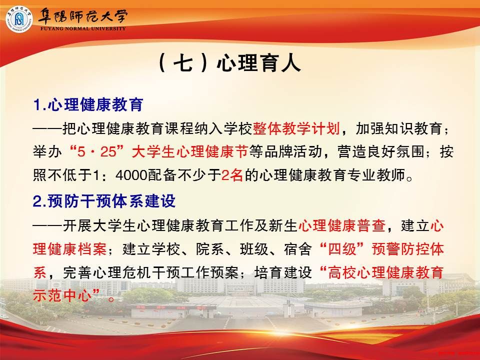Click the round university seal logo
point(18,19)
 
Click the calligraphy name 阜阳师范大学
point(82,16)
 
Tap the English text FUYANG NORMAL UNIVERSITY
point(83,28)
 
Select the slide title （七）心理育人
point(229,63)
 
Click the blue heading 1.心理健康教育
point(88,104)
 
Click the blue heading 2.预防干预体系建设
point(104,201)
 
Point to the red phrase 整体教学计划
point(296,128)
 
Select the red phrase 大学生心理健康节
point(190,152)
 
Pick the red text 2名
point(232,175)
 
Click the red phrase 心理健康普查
point(342,225)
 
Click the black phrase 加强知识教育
point(398,128)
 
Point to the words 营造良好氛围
point(381,152)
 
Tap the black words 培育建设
point(283,272)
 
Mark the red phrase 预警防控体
point(408,249)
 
